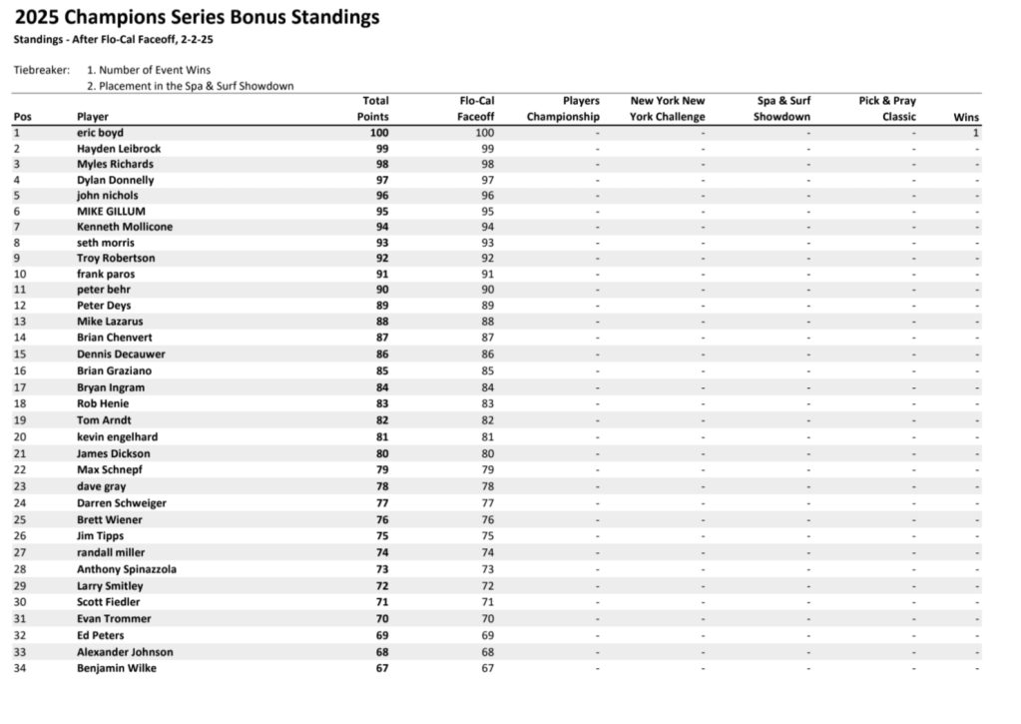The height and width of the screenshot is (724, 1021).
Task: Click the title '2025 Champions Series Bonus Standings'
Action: [x=197, y=17]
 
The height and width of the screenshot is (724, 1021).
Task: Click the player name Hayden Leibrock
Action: [x=119, y=148]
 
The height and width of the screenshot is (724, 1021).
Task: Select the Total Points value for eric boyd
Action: [x=378, y=132]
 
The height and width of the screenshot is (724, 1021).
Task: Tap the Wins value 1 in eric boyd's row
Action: [x=975, y=132]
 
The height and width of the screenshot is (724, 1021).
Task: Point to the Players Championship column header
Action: [x=564, y=109]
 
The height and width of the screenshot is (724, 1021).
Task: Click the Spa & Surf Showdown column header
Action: [x=781, y=109]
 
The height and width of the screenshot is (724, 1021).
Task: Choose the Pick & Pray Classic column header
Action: [x=886, y=109]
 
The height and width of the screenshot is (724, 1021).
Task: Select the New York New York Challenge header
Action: [x=667, y=109]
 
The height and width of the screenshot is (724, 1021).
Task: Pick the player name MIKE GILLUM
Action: [x=111, y=211]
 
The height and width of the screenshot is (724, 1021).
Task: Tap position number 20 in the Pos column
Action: [x=20, y=436]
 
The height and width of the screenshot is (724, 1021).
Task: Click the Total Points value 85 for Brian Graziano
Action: [x=378, y=370]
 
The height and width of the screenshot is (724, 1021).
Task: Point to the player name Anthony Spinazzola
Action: [x=127, y=569]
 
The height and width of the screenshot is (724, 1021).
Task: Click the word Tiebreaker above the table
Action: [x=42, y=70]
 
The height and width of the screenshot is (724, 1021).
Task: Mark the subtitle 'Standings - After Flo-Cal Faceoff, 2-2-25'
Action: [x=114, y=40]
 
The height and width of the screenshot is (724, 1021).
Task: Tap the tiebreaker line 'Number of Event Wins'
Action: [x=149, y=70]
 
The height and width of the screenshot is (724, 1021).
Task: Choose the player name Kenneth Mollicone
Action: [x=125, y=227]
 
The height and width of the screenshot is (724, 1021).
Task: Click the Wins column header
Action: [x=966, y=117]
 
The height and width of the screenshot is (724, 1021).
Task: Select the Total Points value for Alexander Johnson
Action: [x=378, y=652]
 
